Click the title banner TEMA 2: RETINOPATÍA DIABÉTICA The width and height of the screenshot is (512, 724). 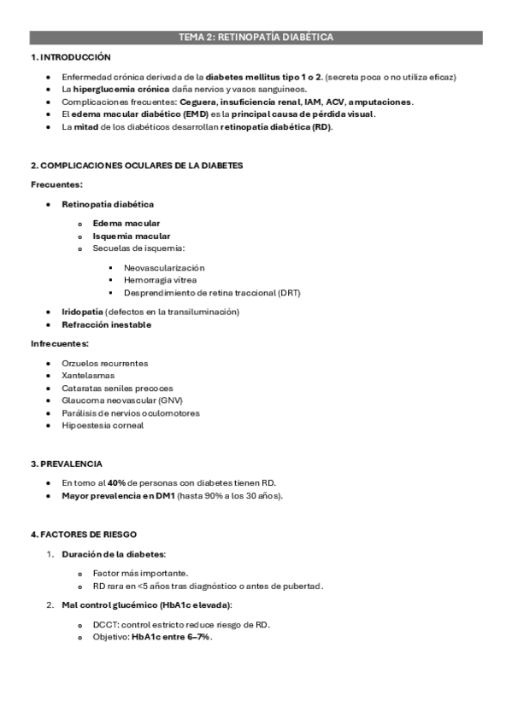coord(256,37)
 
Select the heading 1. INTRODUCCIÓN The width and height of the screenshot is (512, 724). coord(71,57)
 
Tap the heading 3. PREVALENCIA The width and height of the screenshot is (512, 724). coord(67,464)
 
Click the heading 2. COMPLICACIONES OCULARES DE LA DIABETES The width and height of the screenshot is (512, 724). coord(137,165)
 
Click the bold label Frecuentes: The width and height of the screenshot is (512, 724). coord(56,184)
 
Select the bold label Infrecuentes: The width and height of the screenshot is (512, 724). coord(60,343)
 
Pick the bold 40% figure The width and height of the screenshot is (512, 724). coord(117,482)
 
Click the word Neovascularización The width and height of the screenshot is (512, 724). coord(164,267)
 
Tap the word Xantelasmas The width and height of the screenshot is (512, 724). coord(88,375)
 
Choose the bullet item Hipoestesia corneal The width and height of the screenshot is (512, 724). coord(103,425)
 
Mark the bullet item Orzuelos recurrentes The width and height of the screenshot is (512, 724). coord(104,362)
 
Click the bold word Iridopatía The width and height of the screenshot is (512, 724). coord(83,312)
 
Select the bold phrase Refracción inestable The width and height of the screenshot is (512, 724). coord(106,324)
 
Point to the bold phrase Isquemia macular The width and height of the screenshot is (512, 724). coord(131,236)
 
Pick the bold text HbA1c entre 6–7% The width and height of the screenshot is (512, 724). coord(171,637)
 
